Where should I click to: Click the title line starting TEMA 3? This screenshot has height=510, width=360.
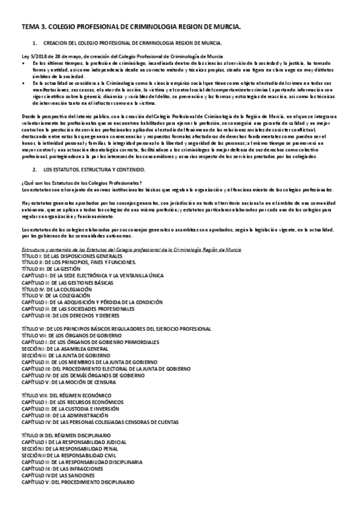click(131, 28)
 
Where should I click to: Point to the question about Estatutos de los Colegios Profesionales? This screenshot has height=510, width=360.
click(81, 183)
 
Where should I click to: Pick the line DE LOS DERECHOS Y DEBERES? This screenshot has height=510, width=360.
click(70, 315)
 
